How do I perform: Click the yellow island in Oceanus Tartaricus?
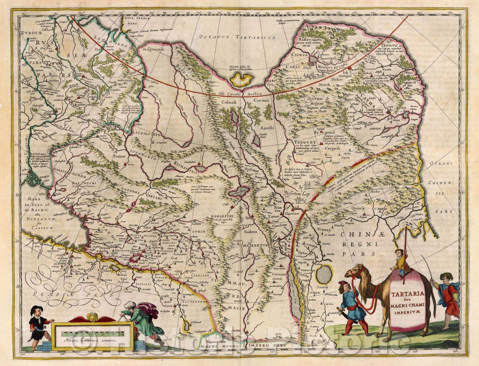pyautogui.click(x=242, y=80)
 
